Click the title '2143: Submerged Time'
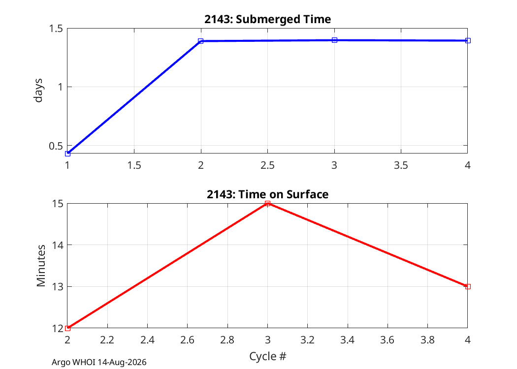(267, 19)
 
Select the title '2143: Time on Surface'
(267, 194)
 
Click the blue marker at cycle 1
(67, 154)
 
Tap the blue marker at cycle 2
(201, 41)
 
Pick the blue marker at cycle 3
(334, 40)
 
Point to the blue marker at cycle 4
(468, 40)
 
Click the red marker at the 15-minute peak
(267, 204)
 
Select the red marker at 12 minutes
(67, 328)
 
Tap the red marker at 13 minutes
(468, 287)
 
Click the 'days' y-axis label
(38, 91)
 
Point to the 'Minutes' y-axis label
(41, 266)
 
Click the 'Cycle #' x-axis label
(267, 356)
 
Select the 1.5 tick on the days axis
(56, 29)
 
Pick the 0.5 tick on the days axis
(56, 146)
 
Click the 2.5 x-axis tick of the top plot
(267, 165)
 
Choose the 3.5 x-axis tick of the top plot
(401, 165)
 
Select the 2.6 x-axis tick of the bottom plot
(187, 339)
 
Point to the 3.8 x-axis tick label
(428, 339)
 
